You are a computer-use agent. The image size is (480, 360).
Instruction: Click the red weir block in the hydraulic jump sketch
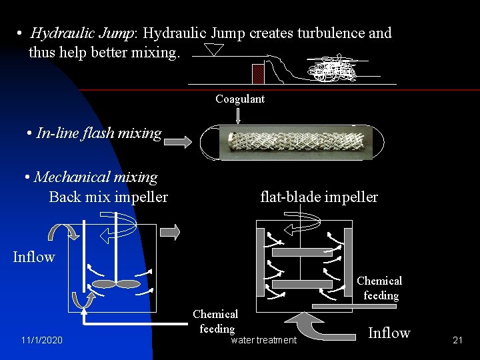258,73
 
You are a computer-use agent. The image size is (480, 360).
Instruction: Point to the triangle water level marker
214,50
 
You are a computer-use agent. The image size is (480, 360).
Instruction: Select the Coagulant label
240,99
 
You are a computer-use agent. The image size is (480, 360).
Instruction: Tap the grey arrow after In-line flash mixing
177,141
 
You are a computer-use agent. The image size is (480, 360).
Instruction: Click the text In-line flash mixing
99,133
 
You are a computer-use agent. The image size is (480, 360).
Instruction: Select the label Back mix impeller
108,197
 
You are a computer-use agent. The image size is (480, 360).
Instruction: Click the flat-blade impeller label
319,197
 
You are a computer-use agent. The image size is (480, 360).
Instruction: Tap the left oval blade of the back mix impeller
103,284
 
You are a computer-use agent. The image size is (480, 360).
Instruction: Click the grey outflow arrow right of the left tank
170,231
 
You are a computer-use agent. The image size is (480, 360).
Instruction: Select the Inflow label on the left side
33,257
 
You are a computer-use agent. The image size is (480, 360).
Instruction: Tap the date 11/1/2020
41,341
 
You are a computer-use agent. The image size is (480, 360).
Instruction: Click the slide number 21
457,341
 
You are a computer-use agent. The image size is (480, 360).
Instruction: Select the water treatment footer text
263,341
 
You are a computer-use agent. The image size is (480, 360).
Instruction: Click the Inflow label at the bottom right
389,333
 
